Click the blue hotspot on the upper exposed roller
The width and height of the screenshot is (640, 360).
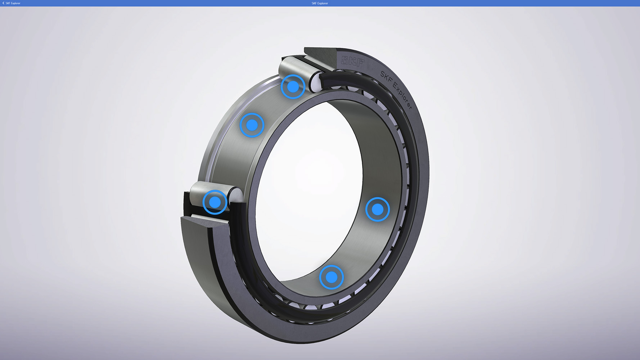(293, 87)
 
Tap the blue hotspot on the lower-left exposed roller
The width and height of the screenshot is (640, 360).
(215, 202)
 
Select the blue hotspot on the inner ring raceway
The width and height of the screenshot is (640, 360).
(252, 125)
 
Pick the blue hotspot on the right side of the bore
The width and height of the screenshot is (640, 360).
(378, 209)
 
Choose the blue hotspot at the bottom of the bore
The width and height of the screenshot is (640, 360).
(332, 277)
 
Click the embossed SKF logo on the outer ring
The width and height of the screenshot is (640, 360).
(353, 61)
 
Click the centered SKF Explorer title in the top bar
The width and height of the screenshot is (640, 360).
(320, 3)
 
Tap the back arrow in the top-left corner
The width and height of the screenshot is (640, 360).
(3, 3)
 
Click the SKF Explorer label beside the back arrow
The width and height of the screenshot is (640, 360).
(13, 3)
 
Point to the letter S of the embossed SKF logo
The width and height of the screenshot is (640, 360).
(345, 60)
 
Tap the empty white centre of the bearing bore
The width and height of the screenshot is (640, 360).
(310, 187)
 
